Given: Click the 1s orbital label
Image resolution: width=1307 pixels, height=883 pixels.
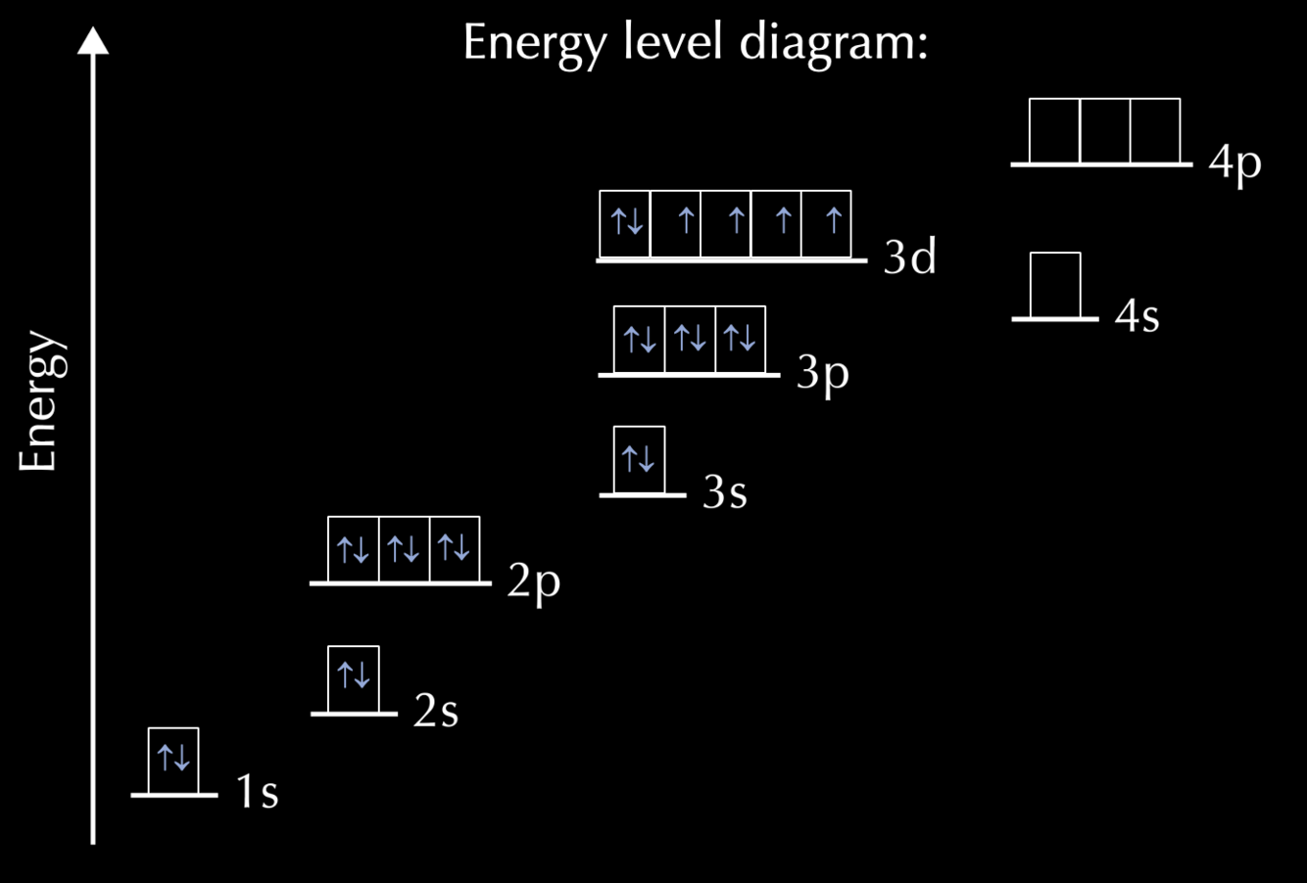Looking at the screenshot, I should (258, 791).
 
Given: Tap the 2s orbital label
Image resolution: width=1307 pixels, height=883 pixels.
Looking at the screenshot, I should (436, 711).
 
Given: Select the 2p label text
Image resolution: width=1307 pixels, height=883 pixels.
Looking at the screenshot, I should (534, 582).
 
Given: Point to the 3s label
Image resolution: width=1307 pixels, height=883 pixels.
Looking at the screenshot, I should (725, 492).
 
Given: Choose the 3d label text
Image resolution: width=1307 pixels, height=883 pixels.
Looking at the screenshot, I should (910, 257).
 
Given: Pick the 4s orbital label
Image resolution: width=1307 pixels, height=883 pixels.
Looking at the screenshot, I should (1138, 316).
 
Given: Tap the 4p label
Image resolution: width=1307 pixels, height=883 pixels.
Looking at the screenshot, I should (1235, 163).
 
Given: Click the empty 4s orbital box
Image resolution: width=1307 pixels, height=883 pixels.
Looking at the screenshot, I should (1055, 285).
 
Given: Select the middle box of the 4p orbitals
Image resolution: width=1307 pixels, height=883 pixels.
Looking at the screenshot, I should (1105, 130).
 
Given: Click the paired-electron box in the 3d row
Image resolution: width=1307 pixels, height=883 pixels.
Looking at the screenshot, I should (625, 223).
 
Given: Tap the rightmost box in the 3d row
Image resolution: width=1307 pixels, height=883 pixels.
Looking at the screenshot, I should (826, 223).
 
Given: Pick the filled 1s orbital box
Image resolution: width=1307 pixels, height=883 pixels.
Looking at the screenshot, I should (173, 760).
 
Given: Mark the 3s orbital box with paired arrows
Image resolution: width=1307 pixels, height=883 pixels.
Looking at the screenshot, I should (639, 459).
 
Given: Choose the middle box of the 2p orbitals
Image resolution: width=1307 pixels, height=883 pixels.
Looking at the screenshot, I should (404, 549).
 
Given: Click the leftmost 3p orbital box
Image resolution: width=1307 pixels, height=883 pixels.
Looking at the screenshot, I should (639, 340).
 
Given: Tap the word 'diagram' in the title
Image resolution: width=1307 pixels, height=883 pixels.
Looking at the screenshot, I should (832, 44).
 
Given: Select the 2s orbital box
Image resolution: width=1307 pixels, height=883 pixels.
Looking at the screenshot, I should (353, 678).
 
